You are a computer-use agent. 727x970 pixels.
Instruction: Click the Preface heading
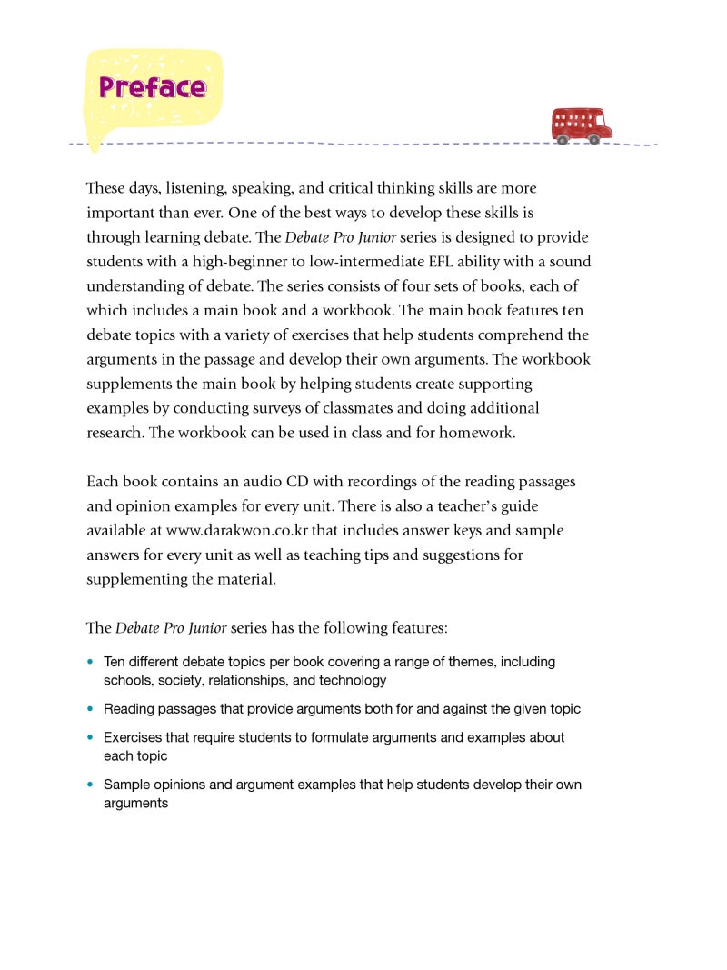point(152,87)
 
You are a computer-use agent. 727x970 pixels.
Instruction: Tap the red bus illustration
point(582,126)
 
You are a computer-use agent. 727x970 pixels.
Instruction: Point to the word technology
point(352,680)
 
